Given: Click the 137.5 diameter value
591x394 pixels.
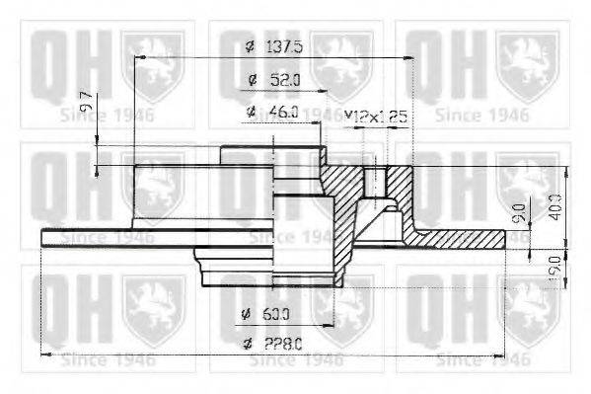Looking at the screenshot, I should pyautogui.click(x=288, y=46).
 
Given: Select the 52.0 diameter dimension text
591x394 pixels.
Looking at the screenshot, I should pyautogui.click(x=286, y=80).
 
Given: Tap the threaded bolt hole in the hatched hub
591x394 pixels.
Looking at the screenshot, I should pyautogui.click(x=375, y=182).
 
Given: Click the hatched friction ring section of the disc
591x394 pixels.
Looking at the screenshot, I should pyautogui.click(x=464, y=238).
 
